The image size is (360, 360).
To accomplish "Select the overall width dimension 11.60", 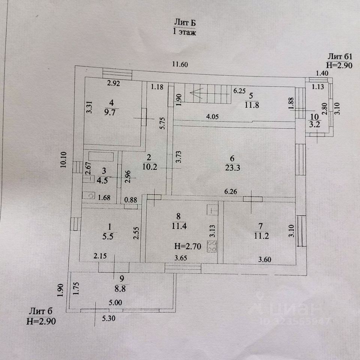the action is coord(180,64).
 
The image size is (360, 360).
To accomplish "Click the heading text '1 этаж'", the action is coord(184,32).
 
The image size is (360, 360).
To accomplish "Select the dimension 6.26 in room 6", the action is coord(231,191).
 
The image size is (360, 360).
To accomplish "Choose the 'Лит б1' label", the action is coord(340,57).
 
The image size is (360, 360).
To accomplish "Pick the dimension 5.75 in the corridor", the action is coord(162,124).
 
